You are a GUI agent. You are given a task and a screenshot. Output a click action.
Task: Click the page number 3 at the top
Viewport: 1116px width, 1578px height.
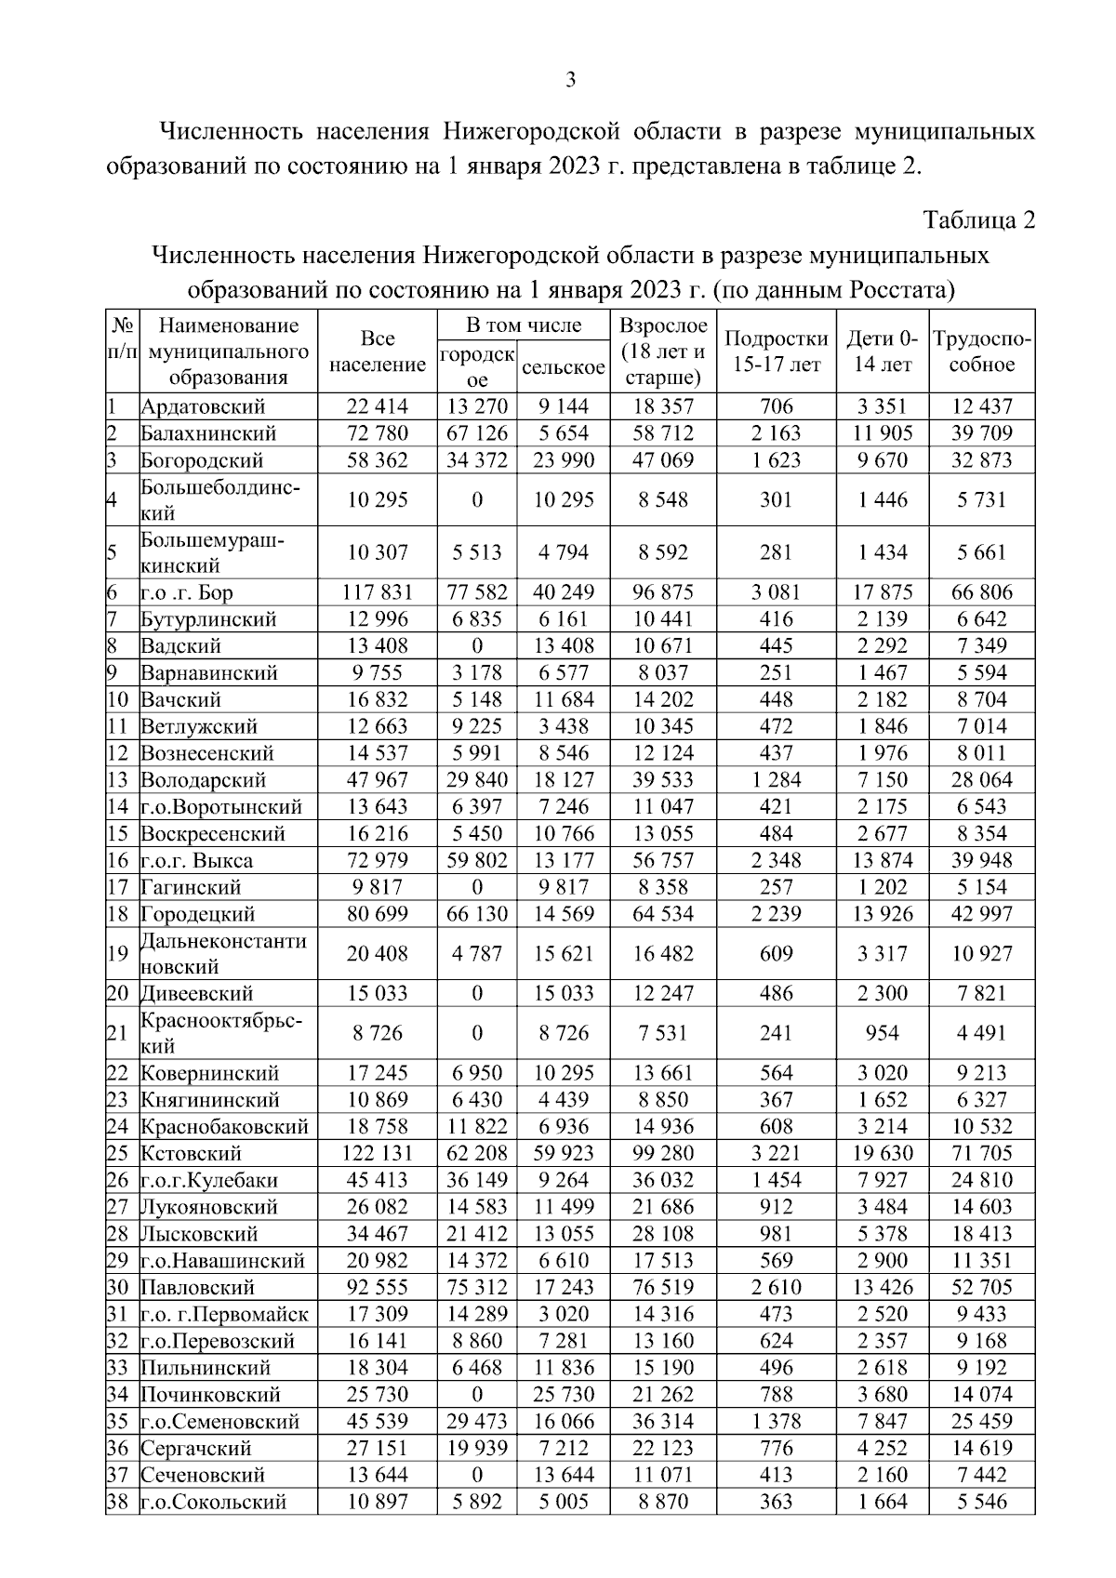click(x=571, y=80)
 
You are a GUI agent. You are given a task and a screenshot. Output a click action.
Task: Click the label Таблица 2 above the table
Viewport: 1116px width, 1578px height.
click(x=977, y=220)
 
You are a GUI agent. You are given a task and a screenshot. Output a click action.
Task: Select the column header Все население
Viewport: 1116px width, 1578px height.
click(x=378, y=351)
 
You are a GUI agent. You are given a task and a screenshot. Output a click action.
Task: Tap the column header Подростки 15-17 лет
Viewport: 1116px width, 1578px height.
click(x=776, y=351)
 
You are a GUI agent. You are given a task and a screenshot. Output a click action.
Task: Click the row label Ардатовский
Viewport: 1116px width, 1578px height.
click(x=203, y=406)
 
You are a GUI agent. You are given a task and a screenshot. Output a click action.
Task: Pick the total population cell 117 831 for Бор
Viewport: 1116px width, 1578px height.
click(x=378, y=592)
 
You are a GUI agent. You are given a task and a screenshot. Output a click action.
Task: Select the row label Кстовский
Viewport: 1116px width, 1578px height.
click(x=191, y=1154)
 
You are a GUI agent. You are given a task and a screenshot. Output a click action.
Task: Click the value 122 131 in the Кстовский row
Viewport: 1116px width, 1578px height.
click(x=378, y=1154)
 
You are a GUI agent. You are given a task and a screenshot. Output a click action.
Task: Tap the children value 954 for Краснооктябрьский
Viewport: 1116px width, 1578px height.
click(x=882, y=1033)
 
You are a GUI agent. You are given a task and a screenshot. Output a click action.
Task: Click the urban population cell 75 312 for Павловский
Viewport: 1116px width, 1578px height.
click(x=477, y=1288)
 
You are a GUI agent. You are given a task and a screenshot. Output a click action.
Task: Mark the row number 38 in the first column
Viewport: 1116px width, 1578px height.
click(x=118, y=1502)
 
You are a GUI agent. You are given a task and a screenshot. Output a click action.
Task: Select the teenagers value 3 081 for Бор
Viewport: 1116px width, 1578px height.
click(x=776, y=592)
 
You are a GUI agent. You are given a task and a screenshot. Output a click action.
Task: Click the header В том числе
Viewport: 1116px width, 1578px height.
click(x=524, y=325)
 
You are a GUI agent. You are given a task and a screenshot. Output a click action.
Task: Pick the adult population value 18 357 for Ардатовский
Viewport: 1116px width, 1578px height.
click(x=662, y=406)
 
